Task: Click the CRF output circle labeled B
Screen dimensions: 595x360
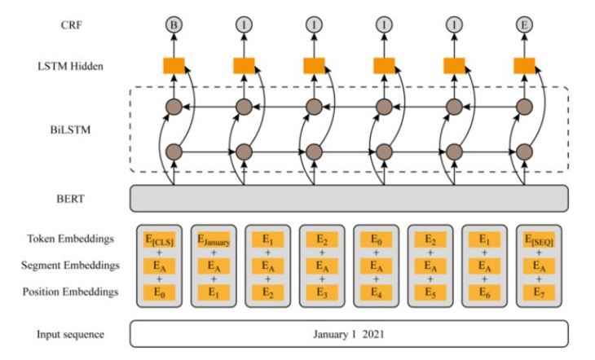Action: pos(174,25)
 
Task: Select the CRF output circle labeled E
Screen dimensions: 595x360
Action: pos(524,25)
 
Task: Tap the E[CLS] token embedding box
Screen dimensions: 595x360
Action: pos(160,239)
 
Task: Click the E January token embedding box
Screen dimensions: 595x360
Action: pos(214,239)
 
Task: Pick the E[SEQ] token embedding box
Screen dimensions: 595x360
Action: pos(539,239)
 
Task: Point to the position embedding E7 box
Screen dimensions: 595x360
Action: pos(539,292)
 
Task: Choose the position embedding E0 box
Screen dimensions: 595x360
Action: pos(160,292)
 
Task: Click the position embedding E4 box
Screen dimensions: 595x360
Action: pos(376,292)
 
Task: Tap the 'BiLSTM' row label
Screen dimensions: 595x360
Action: pos(71,130)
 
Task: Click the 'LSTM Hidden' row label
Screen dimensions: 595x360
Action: pos(71,67)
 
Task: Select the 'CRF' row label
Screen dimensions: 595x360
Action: pos(72,25)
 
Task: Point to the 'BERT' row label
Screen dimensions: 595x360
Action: pos(71,199)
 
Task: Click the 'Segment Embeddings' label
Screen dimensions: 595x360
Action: pos(71,266)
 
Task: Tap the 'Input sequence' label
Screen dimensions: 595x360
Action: pos(71,335)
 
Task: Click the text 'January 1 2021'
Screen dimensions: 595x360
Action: pos(349,334)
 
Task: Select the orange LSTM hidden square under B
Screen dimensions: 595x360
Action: pos(174,66)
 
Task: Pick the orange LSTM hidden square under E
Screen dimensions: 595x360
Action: pos(524,66)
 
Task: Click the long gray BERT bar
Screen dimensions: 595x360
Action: pos(349,199)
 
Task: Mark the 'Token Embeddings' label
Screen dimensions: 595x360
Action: pos(71,239)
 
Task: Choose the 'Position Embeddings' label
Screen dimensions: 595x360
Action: pos(71,292)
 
